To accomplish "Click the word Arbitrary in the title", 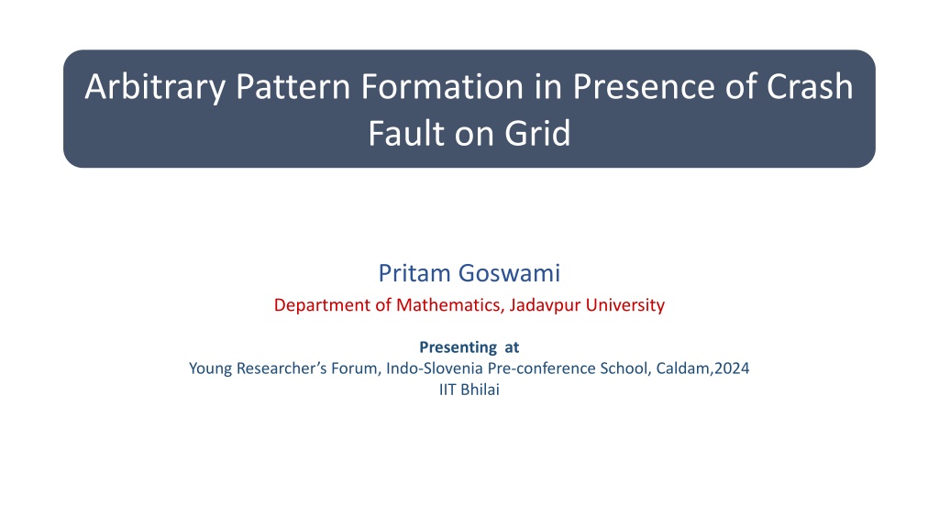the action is [x=155, y=87].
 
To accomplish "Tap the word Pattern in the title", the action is [x=293, y=86].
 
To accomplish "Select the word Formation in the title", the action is [x=442, y=86].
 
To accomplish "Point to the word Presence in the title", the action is [x=644, y=86].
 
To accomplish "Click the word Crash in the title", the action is [x=810, y=86].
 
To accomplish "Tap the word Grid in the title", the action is [x=537, y=133].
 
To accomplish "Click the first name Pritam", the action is [x=414, y=273].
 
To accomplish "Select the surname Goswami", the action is [x=510, y=273].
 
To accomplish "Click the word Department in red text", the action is [x=322, y=305].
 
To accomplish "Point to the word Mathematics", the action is [x=448, y=305].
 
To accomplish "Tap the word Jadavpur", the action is [x=545, y=305].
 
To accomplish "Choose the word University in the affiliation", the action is [x=625, y=305].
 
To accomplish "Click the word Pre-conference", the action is [x=541, y=368].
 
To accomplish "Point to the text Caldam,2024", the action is [x=702, y=368].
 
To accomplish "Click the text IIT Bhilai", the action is [x=469, y=390].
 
